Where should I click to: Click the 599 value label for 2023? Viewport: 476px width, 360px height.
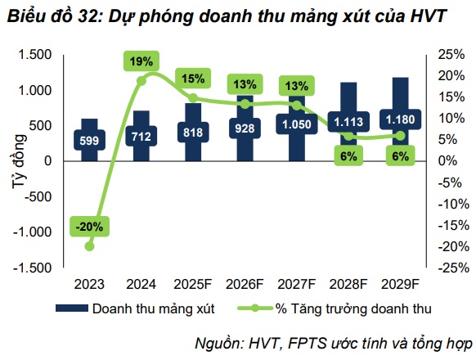coord(89,140)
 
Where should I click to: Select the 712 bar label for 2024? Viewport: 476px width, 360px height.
coord(141,136)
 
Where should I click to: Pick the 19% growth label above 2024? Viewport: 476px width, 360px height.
coord(141,61)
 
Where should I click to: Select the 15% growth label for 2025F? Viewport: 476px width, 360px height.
coord(192,79)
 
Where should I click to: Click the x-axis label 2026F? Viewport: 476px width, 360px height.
coord(243,285)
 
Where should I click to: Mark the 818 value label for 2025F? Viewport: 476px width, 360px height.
coord(192,133)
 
